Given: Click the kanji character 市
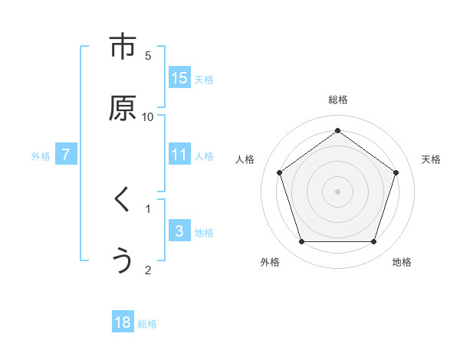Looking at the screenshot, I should [123, 47].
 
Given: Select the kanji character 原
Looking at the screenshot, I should [123, 109].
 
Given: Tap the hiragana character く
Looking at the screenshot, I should [122, 200].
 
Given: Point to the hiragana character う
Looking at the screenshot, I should [123, 261].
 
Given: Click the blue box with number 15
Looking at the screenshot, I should [179, 78].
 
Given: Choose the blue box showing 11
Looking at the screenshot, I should [179, 155].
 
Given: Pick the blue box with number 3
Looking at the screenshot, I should [179, 231].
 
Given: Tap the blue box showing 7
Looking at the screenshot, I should [66, 155].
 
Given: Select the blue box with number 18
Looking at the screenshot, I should [123, 322].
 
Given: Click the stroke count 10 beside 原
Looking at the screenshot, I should [148, 116].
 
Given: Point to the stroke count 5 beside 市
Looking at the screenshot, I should [148, 55].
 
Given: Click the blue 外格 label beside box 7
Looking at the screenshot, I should [41, 155].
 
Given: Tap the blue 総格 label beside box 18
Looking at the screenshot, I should [147, 324].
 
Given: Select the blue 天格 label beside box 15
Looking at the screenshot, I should [204, 79].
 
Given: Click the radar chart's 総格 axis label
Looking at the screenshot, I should [338, 100].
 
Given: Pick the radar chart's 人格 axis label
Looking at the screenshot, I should [245, 159].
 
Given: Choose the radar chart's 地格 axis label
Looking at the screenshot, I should [402, 262].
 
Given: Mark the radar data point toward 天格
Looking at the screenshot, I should [396, 172].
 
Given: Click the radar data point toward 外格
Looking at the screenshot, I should [301, 242].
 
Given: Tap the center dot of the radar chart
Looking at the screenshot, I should [337, 191].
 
